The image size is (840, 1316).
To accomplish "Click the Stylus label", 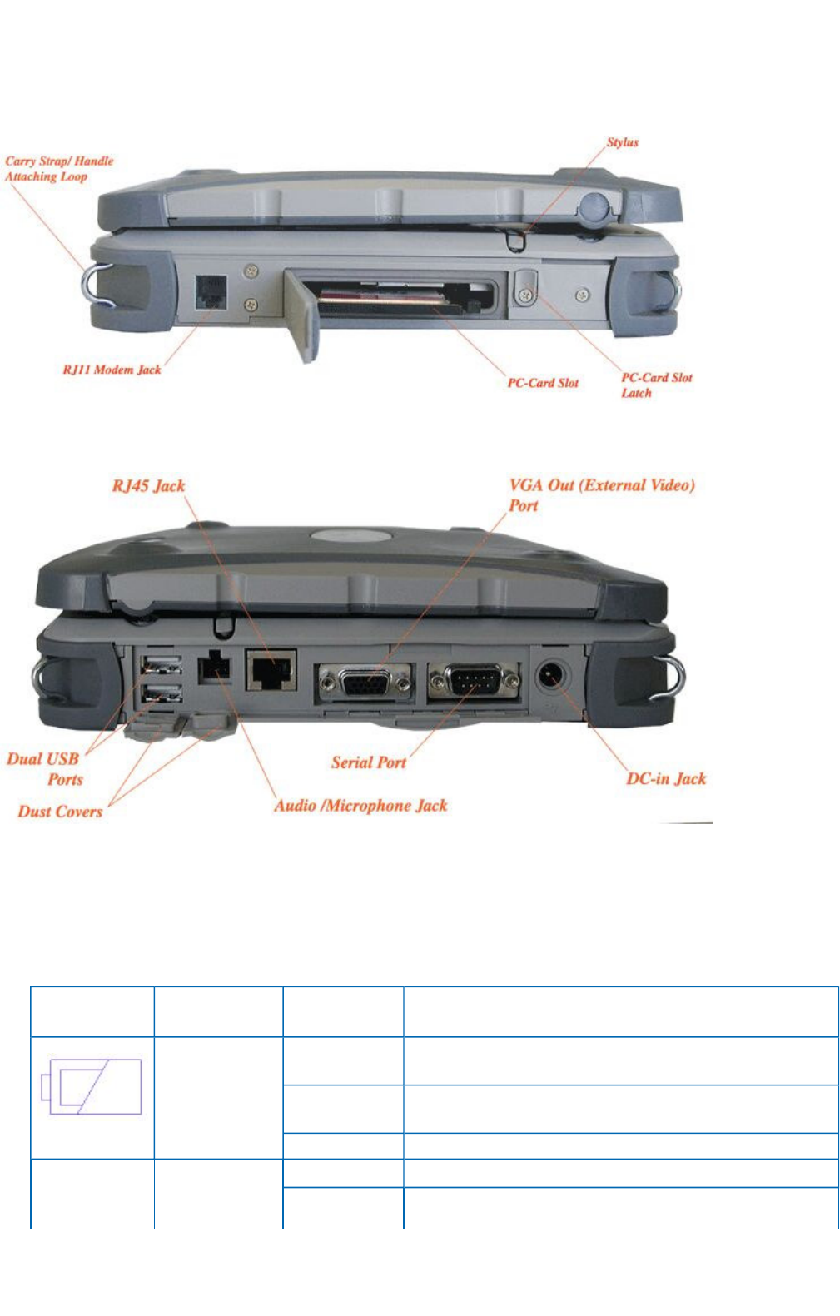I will (x=622, y=142).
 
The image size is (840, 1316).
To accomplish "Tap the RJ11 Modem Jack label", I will (x=112, y=370).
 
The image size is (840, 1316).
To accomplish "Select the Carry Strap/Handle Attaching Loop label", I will (x=58, y=168).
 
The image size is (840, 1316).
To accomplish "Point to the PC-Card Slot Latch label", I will (x=656, y=385).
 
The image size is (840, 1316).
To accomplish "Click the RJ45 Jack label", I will (x=148, y=485).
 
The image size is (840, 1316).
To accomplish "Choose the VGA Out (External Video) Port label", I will (x=601, y=494).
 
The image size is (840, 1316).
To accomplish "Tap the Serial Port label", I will (x=368, y=762).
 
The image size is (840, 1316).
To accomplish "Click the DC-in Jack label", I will (x=666, y=778).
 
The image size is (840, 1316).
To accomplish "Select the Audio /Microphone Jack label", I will (x=360, y=805).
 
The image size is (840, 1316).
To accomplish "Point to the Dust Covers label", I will (x=60, y=811).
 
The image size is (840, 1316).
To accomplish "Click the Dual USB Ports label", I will (x=46, y=768).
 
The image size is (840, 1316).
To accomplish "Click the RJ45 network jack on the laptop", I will (x=271, y=671).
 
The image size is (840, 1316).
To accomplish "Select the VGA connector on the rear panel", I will (x=365, y=683).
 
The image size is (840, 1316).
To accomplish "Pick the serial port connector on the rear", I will (x=473, y=681).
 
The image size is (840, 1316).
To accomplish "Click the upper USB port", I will (x=162, y=664).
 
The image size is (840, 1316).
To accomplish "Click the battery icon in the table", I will (x=92, y=1086).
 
